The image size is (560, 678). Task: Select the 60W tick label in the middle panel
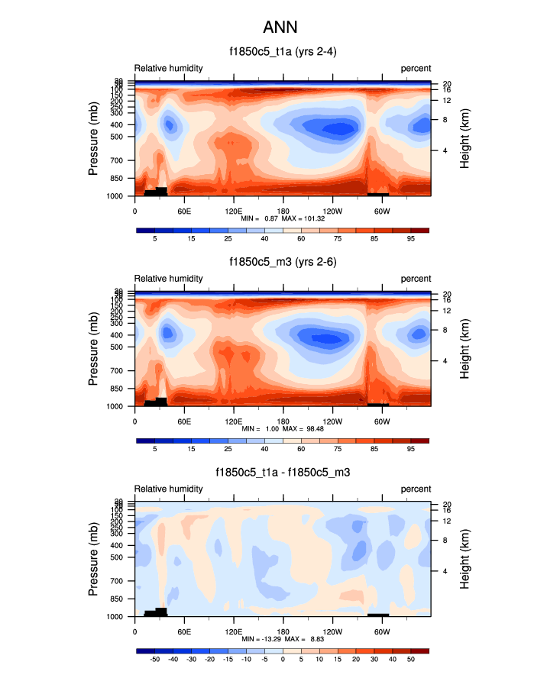pyautogui.click(x=382, y=420)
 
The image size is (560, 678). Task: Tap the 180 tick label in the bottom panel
pyautogui.click(x=283, y=631)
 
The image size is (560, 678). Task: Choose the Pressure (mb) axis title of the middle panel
pyautogui.click(x=94, y=348)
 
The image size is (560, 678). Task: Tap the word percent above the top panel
pyautogui.click(x=416, y=69)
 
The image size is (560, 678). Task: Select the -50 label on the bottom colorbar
pyautogui.click(x=154, y=659)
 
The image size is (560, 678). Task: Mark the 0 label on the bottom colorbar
pyautogui.click(x=283, y=659)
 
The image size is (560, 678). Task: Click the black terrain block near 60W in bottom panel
pyautogui.click(x=378, y=613)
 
